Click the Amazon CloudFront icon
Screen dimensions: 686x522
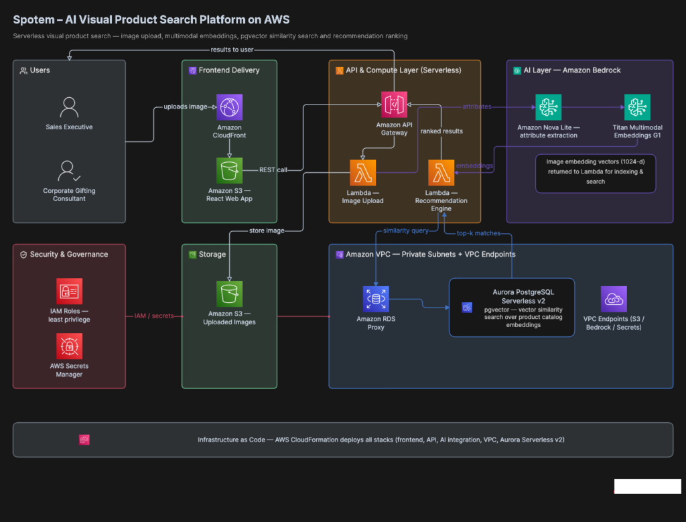pos(229,107)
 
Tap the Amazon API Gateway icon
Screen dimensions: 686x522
pos(394,105)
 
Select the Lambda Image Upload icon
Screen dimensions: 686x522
pos(362,172)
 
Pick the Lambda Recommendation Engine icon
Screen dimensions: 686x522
pos(441,172)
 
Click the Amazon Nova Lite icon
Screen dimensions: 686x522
pos(548,107)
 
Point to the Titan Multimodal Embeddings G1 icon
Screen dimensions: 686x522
pos(637,107)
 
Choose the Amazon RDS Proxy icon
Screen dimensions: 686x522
pos(376,300)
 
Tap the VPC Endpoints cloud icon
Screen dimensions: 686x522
pos(614,300)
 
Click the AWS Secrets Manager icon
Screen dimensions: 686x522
pos(69,346)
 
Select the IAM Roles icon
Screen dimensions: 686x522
pos(69,291)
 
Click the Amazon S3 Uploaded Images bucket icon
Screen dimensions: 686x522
pos(229,293)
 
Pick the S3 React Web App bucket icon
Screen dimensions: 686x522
pos(229,171)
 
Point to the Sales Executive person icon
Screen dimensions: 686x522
pos(69,108)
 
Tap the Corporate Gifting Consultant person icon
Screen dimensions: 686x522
pos(69,171)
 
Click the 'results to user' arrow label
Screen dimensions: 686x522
pos(232,50)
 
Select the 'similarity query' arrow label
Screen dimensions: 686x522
pos(406,231)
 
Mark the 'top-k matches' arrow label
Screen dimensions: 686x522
pos(478,233)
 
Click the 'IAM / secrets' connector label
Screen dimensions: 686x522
pos(154,316)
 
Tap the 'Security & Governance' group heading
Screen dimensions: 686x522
pos(69,254)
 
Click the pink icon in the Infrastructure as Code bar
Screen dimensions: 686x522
pos(84,440)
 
